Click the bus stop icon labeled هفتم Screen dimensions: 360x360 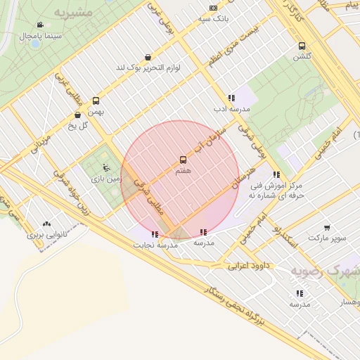click(184, 160)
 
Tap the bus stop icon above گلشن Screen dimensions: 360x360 click(302, 46)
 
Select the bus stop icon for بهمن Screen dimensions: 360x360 click(96, 101)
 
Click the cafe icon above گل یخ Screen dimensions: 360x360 click(77, 115)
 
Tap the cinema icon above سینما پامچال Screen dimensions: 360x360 click(39, 25)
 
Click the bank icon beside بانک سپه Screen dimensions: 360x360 click(213, 8)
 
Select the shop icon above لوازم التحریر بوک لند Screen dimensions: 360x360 click(148, 58)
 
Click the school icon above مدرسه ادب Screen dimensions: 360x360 click(231, 98)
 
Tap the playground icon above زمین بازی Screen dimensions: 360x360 click(105, 167)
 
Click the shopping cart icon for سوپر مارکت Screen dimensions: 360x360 click(328, 227)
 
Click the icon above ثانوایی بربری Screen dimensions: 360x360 click(47, 224)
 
